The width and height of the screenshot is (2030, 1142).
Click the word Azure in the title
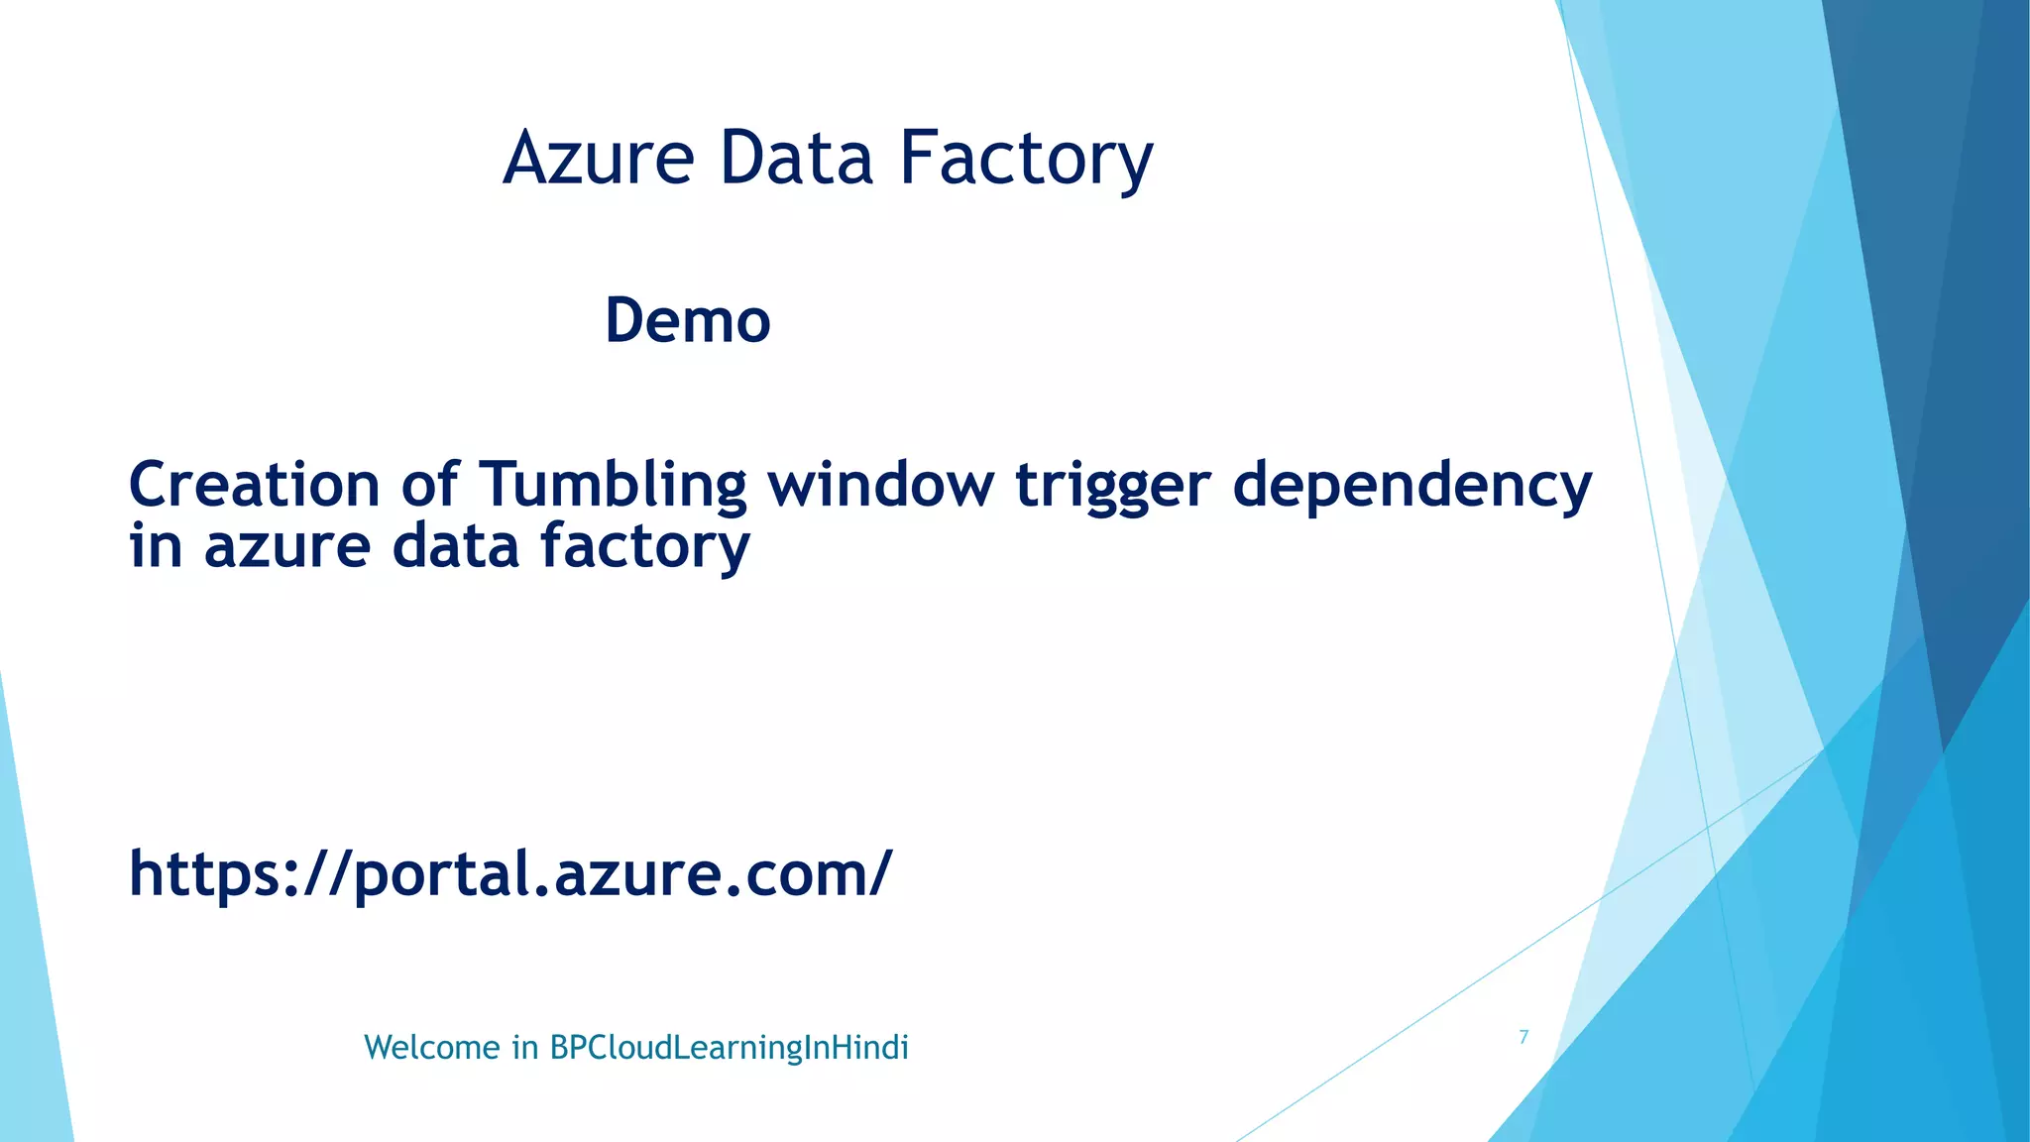coord(599,159)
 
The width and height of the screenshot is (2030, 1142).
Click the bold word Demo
coord(688,321)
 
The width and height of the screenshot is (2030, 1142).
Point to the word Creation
coord(254,485)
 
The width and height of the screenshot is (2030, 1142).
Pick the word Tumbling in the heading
coord(613,485)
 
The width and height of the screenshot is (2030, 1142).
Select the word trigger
coord(1112,487)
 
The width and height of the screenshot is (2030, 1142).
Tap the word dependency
coord(1411,487)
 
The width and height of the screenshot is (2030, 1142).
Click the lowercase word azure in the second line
coord(286,547)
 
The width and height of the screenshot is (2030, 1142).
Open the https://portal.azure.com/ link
coord(510,874)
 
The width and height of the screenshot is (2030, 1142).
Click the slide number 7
coord(1523,1037)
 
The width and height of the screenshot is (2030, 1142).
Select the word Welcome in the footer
coord(432,1048)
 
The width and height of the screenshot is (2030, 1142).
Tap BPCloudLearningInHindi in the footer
coord(729,1048)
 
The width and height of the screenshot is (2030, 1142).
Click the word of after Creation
coord(429,485)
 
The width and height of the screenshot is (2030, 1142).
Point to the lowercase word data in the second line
coord(455,547)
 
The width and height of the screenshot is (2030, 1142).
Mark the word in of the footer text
coord(524,1048)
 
